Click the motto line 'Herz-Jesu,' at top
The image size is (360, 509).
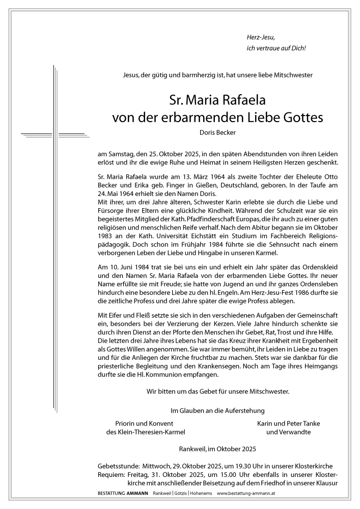tap(260, 37)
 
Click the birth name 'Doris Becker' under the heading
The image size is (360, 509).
tap(217, 133)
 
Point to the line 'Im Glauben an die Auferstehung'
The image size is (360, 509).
tap(217, 410)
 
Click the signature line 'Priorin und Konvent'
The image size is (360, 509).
tap(145, 423)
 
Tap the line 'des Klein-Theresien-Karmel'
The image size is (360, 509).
tap(145, 433)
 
